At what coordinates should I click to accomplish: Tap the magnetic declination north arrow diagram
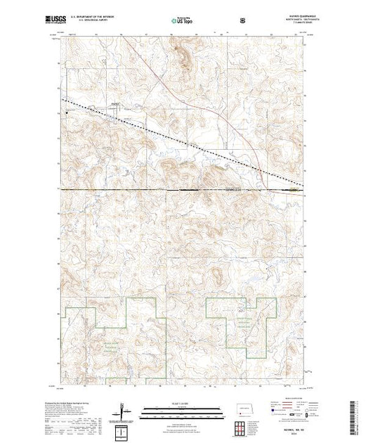pyautogui.click(x=124, y=409)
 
